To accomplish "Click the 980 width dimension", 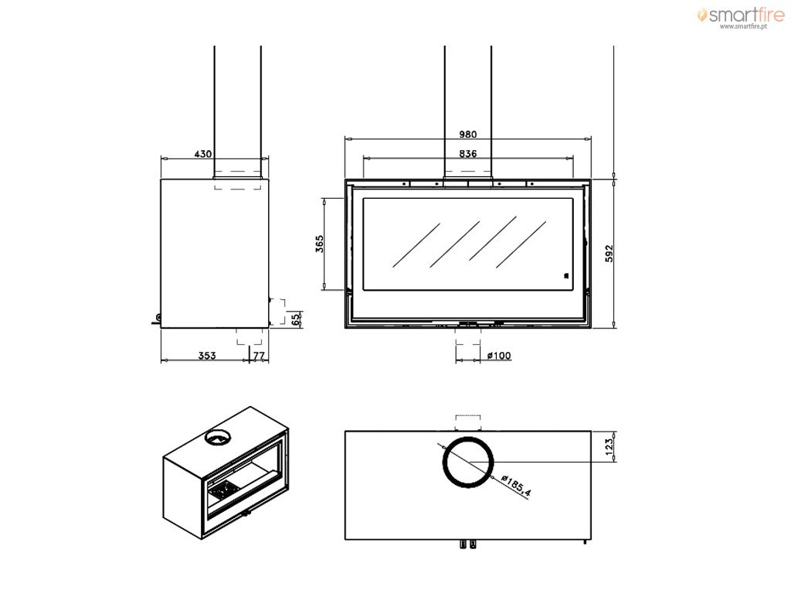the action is coord(467,135).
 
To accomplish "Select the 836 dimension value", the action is coord(467,154).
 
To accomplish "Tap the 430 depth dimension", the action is coord(203,154).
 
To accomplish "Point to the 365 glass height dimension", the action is coord(319,244).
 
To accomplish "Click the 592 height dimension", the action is coord(609,254).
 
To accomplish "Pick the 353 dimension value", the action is coord(207,356).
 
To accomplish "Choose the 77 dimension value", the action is coord(259,356).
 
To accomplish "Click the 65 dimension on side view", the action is coord(296,319).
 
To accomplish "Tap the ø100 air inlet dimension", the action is coord(499,356).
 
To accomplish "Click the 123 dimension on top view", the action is coord(609,446).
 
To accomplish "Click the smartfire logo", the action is coord(741,15).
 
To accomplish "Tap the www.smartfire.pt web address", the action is coord(743,27).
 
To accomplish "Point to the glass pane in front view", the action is coord(467,244).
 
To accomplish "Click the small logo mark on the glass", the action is coord(566,275).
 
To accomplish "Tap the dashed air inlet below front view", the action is coord(467,336).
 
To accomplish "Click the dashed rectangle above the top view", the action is coord(468,423).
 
